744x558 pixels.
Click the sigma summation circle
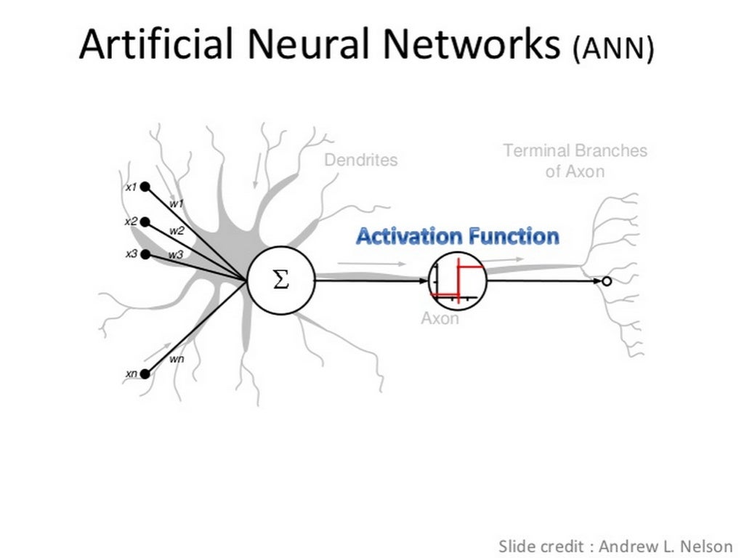[x=281, y=281]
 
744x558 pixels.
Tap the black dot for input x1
[x=145, y=187]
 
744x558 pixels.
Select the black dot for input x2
[x=145, y=222]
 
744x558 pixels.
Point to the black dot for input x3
[x=145, y=254]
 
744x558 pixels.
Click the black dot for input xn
[x=145, y=373]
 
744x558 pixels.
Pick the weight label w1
[x=177, y=204]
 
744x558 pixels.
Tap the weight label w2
[x=177, y=231]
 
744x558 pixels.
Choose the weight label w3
[x=176, y=255]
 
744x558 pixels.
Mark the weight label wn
[x=177, y=359]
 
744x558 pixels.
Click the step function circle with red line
[x=458, y=281]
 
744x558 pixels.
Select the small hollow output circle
[x=607, y=282]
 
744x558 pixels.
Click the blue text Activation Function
[x=458, y=237]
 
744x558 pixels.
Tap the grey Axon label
[x=440, y=318]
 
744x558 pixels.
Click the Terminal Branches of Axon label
[x=575, y=161]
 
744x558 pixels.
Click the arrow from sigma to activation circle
[x=371, y=281]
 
